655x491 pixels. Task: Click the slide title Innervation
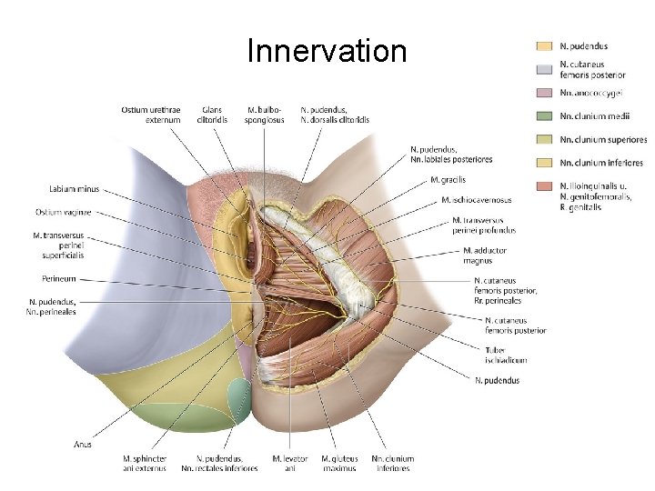(327, 51)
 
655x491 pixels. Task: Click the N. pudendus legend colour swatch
(544, 45)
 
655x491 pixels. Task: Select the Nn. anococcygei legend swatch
(544, 93)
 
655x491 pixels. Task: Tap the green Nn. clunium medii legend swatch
(544, 116)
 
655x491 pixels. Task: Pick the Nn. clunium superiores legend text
(603, 140)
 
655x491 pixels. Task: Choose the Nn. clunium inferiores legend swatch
(544, 163)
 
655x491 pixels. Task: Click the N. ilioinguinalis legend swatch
(544, 185)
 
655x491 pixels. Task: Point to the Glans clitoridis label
(212, 115)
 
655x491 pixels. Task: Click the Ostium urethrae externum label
(150, 115)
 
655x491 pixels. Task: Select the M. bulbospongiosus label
(265, 115)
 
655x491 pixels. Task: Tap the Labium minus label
(75, 189)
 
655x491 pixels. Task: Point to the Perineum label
(58, 278)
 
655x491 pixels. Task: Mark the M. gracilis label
(448, 180)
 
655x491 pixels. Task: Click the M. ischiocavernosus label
(476, 200)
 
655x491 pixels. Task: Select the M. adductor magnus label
(485, 256)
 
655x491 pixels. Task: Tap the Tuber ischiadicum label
(507, 355)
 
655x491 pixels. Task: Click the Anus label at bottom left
(82, 445)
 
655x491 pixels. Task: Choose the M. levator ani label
(290, 463)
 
